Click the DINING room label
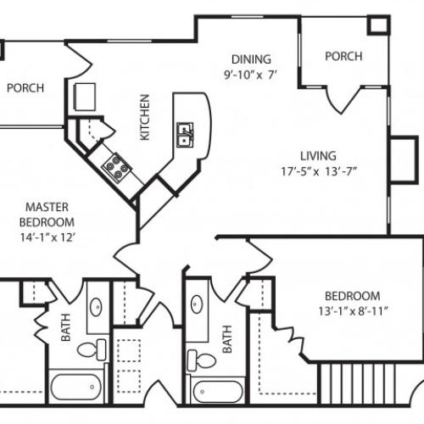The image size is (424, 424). coord(252,59)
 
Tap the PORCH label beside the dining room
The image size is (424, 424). coord(343,57)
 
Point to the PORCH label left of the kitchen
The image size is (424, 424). coord(25,87)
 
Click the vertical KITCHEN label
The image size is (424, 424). coord(145,117)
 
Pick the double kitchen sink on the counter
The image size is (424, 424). coord(184,134)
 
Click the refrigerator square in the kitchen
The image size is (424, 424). coord(86,98)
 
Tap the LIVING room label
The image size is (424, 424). coord(318,156)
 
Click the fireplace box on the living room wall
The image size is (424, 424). coord(399,157)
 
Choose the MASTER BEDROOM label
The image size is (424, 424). coord(47,214)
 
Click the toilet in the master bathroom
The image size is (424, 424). coord(87,349)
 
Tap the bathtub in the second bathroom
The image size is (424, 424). coord(218,392)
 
